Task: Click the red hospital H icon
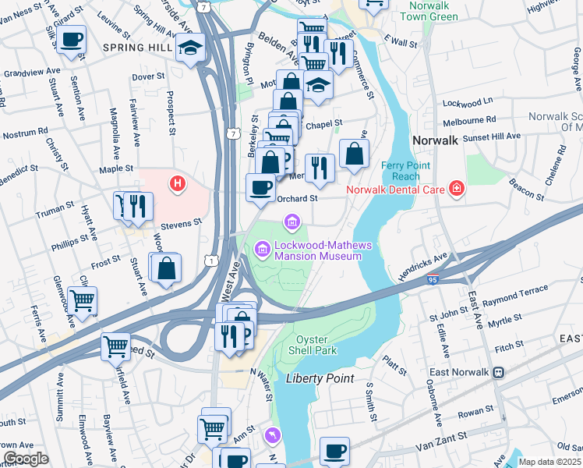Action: tap(178, 184)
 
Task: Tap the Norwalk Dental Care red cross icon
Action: tap(456, 189)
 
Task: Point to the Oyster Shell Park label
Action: tap(316, 345)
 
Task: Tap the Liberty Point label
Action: tap(320, 378)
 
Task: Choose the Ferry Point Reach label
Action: tap(401, 171)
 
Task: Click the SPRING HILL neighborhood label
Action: tap(136, 48)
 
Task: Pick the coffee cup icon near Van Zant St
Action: tap(334, 451)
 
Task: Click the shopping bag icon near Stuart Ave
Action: tap(167, 268)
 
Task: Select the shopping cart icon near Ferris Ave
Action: tap(82, 299)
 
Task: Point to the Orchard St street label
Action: tap(298, 198)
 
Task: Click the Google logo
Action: tap(26, 459)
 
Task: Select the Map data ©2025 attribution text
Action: tap(549, 462)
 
